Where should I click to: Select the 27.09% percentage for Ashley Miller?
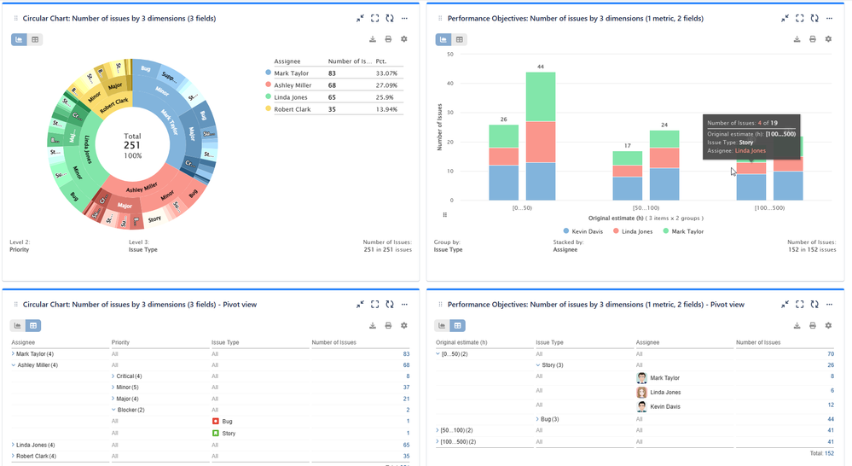pyautogui.click(x=386, y=85)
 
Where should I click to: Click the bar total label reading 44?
pyautogui.click(x=540, y=67)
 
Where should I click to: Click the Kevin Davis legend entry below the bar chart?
pyautogui.click(x=585, y=231)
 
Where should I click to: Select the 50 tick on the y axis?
pyautogui.click(x=449, y=54)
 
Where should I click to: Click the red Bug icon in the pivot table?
pyautogui.click(x=217, y=422)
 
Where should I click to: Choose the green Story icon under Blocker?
pyautogui.click(x=217, y=434)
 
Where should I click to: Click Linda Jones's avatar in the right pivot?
pyautogui.click(x=641, y=393)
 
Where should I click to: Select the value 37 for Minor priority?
pyautogui.click(x=407, y=387)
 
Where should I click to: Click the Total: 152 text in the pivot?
pyautogui.click(x=821, y=452)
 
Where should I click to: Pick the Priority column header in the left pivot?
pyautogui.click(x=120, y=342)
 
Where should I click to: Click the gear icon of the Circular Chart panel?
pyautogui.click(x=403, y=39)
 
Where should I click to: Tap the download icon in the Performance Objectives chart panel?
pyautogui.click(x=797, y=39)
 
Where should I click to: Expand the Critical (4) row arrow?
pyautogui.click(x=113, y=376)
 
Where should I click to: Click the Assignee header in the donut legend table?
pyautogui.click(x=287, y=61)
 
